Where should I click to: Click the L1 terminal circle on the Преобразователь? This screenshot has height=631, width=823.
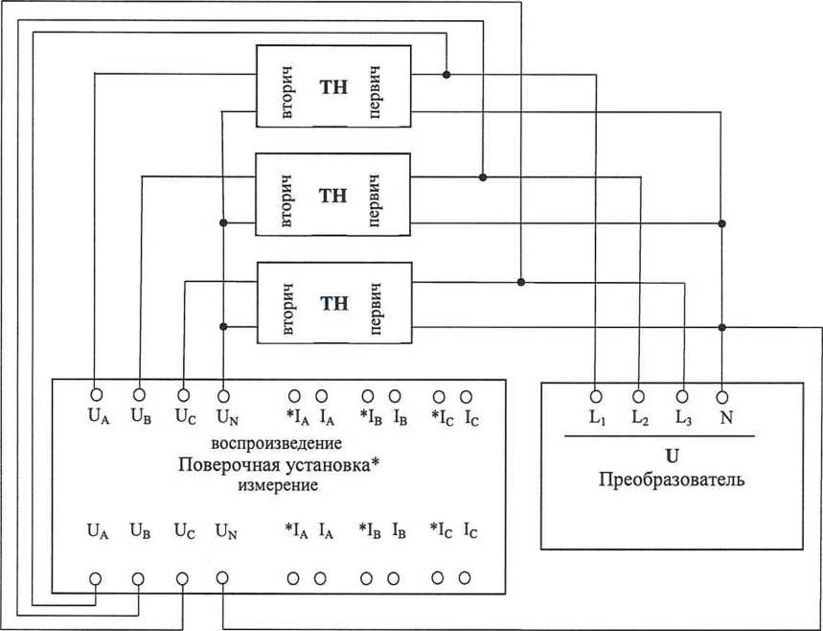click(595, 394)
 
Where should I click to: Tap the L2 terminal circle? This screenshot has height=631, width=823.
click(639, 394)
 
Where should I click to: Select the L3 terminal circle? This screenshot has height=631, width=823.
click(682, 394)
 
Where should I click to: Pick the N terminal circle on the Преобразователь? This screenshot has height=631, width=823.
click(722, 394)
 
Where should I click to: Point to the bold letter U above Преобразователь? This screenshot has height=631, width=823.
click(671, 456)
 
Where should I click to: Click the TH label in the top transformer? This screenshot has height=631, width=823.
click(332, 87)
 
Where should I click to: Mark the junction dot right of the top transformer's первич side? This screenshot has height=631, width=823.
click(446, 74)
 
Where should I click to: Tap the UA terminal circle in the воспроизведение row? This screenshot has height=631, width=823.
click(96, 394)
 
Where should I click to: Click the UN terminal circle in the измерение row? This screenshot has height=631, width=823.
click(223, 578)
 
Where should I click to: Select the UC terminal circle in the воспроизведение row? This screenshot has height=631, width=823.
click(182, 394)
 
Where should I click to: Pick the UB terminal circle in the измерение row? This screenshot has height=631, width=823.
click(139, 578)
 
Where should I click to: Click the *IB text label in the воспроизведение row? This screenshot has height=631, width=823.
click(370, 417)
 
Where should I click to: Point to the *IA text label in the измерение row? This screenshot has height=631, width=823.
click(296, 529)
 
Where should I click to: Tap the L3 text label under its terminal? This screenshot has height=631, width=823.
click(682, 418)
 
